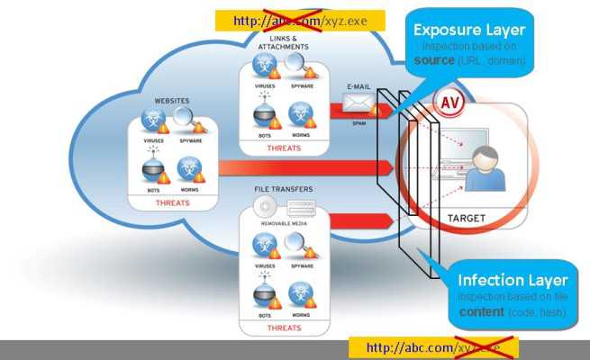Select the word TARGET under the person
(467, 218)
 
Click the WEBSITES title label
(171, 101)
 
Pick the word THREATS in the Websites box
(172, 203)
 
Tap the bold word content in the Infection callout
(479, 311)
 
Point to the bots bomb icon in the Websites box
(154, 168)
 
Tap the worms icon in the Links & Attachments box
(301, 113)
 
